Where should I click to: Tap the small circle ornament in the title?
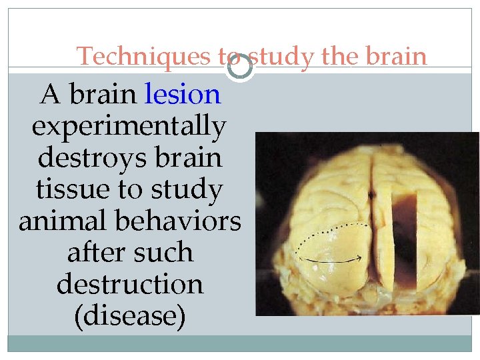(x=239, y=65)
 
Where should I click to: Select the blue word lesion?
(x=183, y=95)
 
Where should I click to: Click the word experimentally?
(x=129, y=126)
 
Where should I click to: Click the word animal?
(x=63, y=221)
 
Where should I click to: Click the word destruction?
(x=130, y=284)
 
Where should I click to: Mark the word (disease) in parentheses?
(x=130, y=315)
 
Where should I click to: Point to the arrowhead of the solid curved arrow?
(x=361, y=257)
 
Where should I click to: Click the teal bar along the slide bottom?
(x=240, y=343)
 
